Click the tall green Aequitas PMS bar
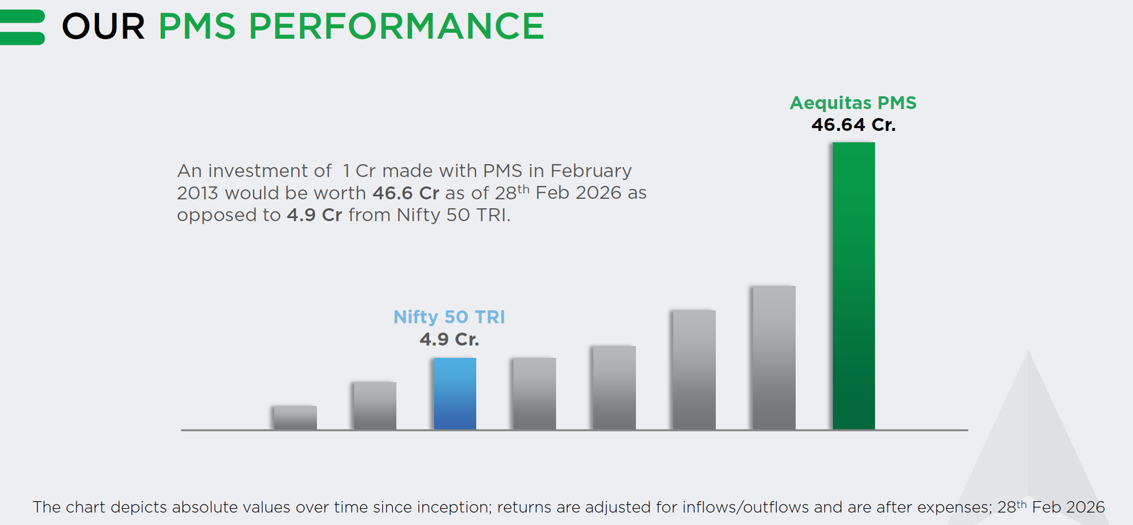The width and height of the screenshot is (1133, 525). click(853, 286)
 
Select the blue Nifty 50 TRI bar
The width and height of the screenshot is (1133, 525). click(455, 393)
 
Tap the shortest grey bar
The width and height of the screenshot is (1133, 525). click(295, 417)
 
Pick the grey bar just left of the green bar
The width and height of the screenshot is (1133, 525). click(773, 357)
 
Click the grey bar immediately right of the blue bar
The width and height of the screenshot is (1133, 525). click(534, 393)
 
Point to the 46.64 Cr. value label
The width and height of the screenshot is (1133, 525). click(853, 125)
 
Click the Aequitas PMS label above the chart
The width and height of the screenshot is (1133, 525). click(853, 103)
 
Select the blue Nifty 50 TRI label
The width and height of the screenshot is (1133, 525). click(449, 317)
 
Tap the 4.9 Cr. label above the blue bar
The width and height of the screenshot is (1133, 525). click(449, 340)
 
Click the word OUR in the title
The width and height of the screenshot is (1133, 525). click(103, 27)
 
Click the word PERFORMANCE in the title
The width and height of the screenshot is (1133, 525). click(397, 27)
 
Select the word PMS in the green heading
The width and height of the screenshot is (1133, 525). click(197, 27)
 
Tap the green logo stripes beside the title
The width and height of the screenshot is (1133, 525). click(22, 27)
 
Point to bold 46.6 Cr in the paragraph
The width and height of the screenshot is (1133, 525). click(406, 193)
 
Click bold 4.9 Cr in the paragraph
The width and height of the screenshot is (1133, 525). click(314, 215)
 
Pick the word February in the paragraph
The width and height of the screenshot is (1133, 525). click(591, 171)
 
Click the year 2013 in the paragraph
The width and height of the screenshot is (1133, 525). click(198, 193)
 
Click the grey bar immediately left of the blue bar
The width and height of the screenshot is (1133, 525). click(375, 405)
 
